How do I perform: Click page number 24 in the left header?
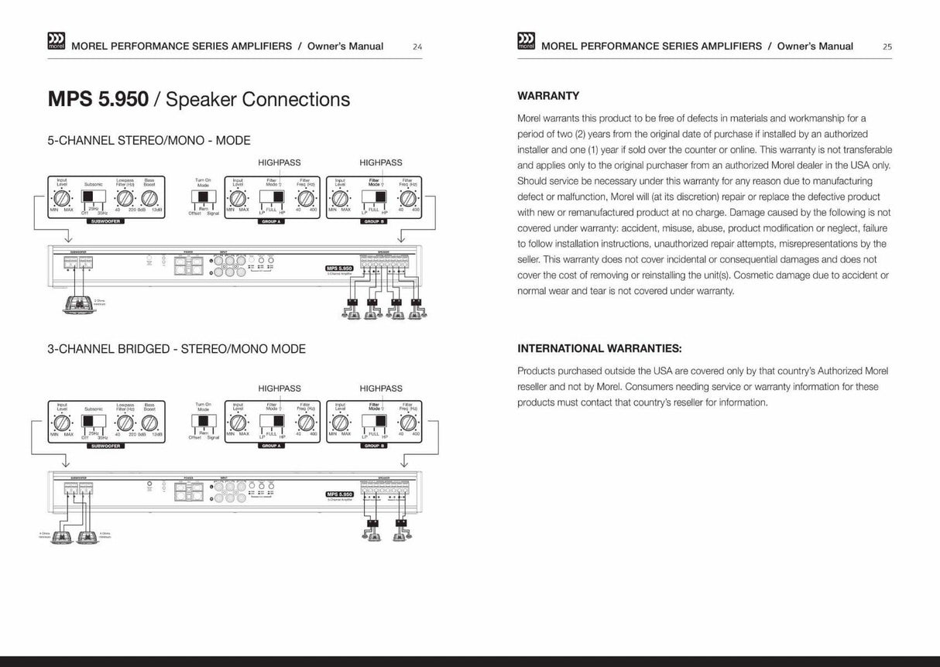click(x=417, y=47)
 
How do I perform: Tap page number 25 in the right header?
click(x=887, y=47)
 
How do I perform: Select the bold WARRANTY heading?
click(x=548, y=96)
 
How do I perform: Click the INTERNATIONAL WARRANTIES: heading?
click(x=599, y=349)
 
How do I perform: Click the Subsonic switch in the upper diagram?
click(x=93, y=197)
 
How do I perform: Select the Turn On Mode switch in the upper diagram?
click(x=203, y=199)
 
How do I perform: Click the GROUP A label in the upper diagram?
click(x=271, y=222)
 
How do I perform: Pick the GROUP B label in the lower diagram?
click(x=373, y=446)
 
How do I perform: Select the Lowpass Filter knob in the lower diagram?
click(x=125, y=422)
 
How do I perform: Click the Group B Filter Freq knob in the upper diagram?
click(x=407, y=198)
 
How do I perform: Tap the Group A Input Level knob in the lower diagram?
click(x=238, y=422)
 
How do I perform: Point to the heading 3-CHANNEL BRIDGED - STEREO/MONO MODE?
click(x=177, y=349)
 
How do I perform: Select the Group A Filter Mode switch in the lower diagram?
click(x=273, y=422)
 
